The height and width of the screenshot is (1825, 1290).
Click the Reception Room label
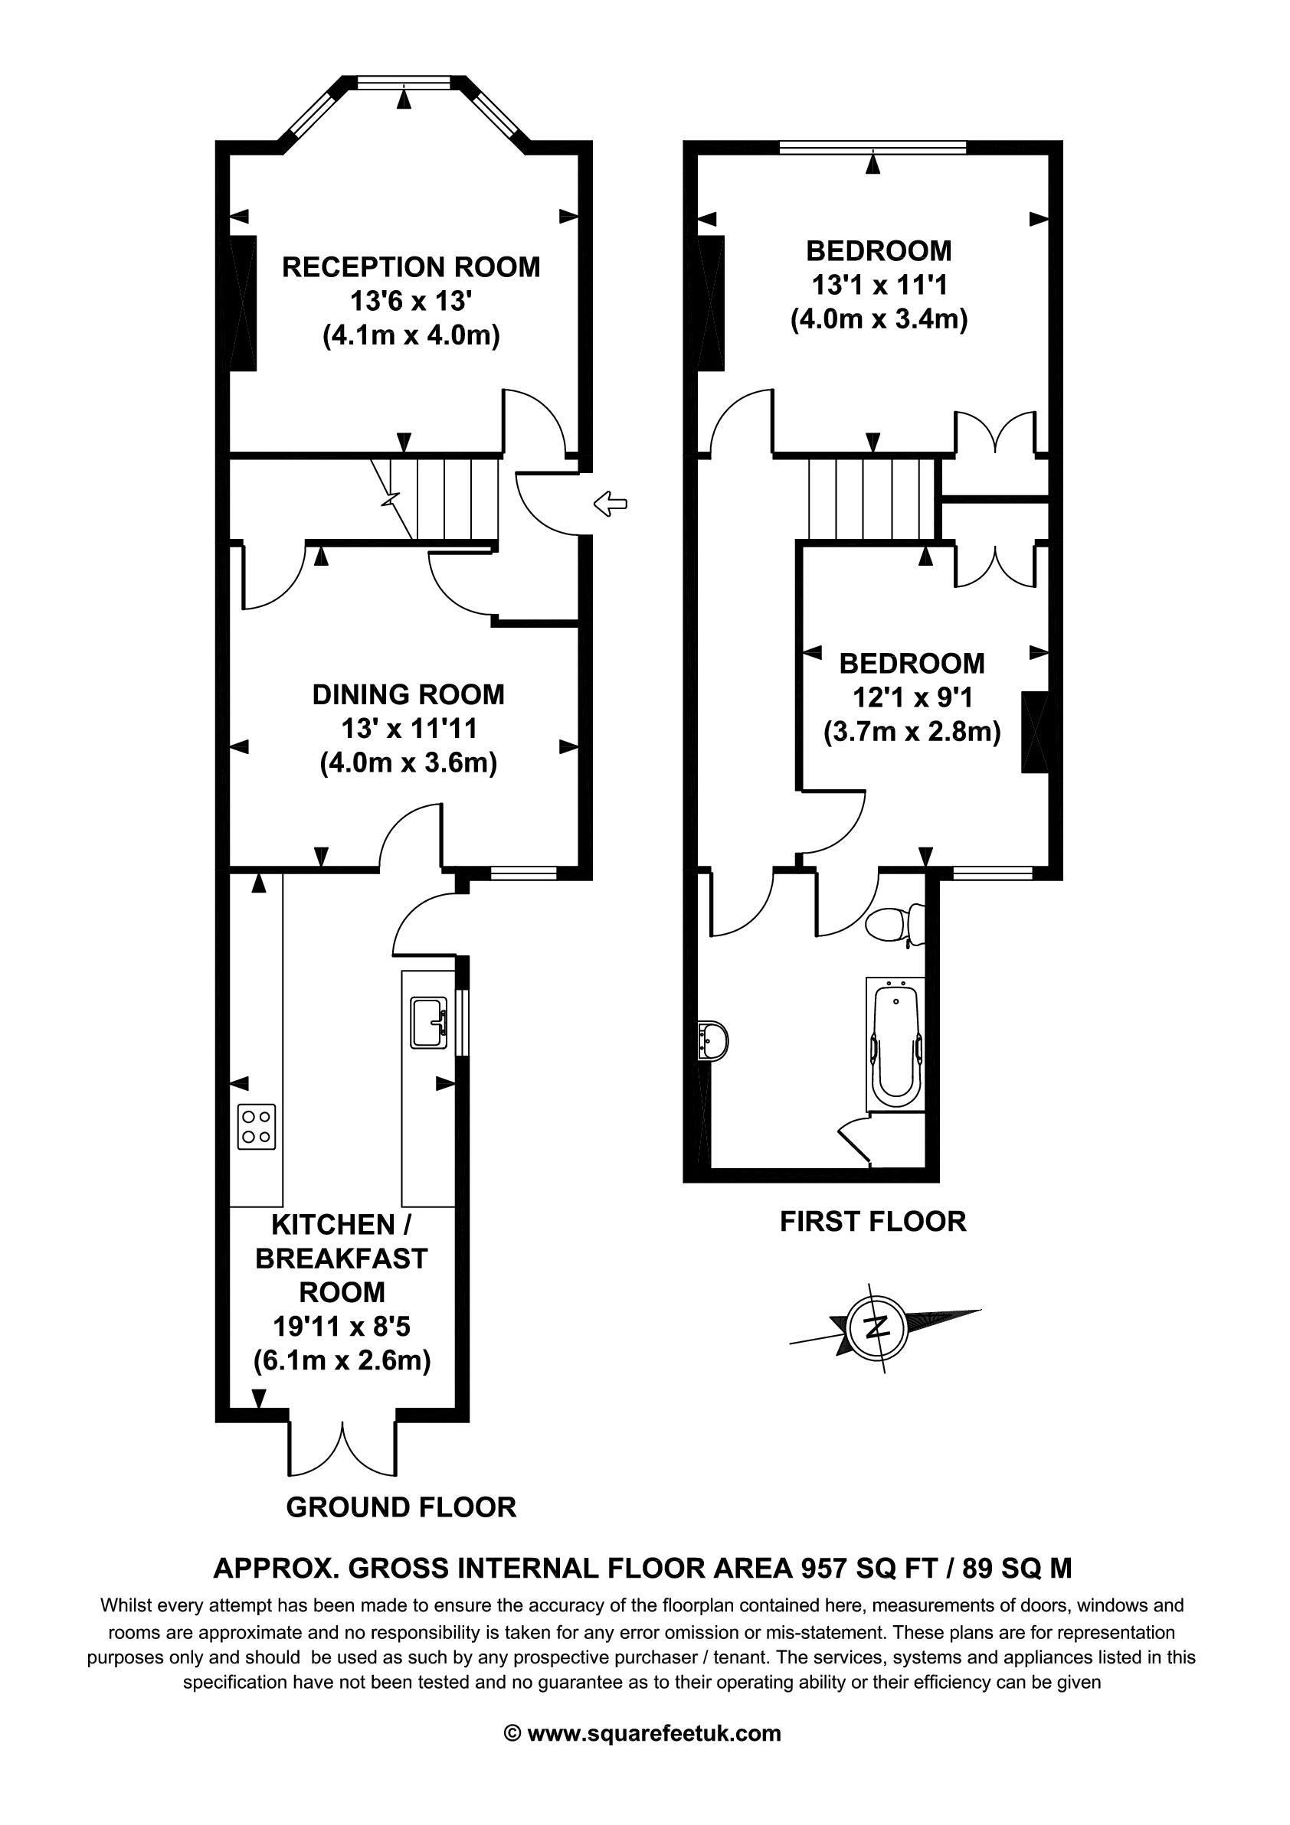pyautogui.click(x=411, y=267)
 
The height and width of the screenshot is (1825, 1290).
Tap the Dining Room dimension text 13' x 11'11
pyautogui.click(x=409, y=729)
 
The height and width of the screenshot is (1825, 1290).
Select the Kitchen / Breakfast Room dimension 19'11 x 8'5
pyautogui.click(x=342, y=1327)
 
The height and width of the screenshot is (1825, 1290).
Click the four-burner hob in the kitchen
pyautogui.click(x=257, y=1126)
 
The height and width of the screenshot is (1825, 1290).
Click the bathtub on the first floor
pyautogui.click(x=895, y=1043)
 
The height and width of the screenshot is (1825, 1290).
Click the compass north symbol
pyautogui.click(x=878, y=1327)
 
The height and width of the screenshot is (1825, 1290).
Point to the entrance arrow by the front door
pyautogui.click(x=611, y=503)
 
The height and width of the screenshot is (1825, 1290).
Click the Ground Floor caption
pyautogui.click(x=401, y=1507)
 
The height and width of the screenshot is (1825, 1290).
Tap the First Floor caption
pyautogui.click(x=873, y=1221)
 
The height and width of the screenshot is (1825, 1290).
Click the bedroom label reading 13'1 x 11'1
pyautogui.click(x=879, y=285)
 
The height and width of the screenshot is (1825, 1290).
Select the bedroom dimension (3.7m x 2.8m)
pyautogui.click(x=912, y=730)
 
